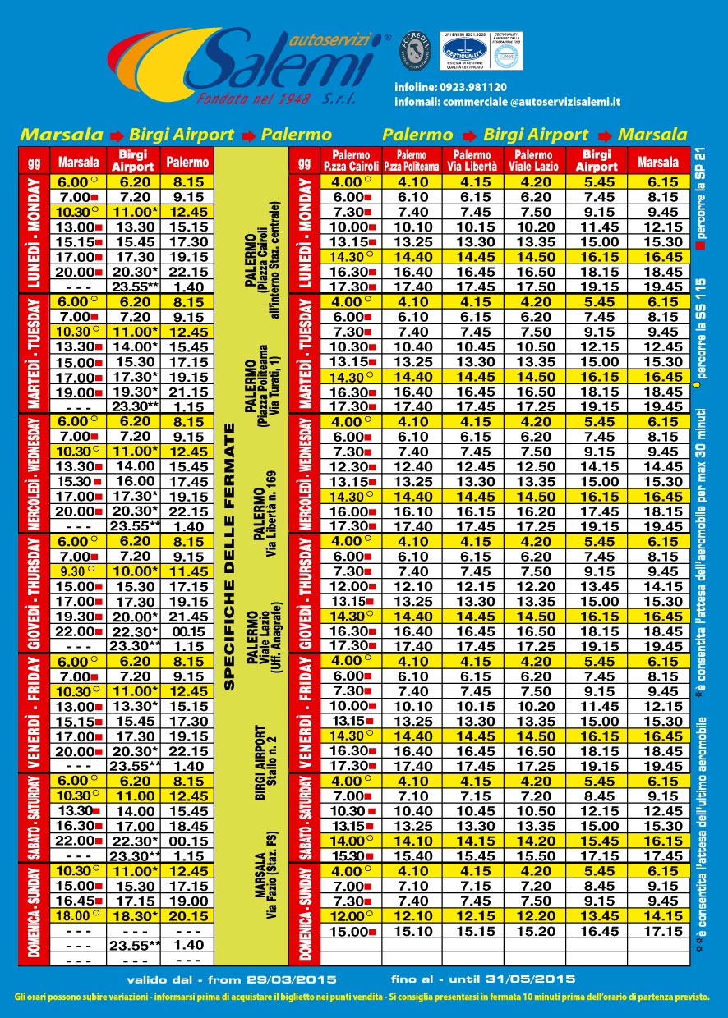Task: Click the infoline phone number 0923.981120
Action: [x=475, y=86]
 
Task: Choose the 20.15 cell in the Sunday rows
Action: [x=188, y=915]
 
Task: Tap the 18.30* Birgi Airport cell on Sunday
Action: [x=136, y=915]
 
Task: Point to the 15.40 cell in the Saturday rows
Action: [x=412, y=855]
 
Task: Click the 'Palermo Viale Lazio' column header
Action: [x=534, y=159]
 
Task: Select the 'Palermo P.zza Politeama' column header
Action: [x=412, y=159]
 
